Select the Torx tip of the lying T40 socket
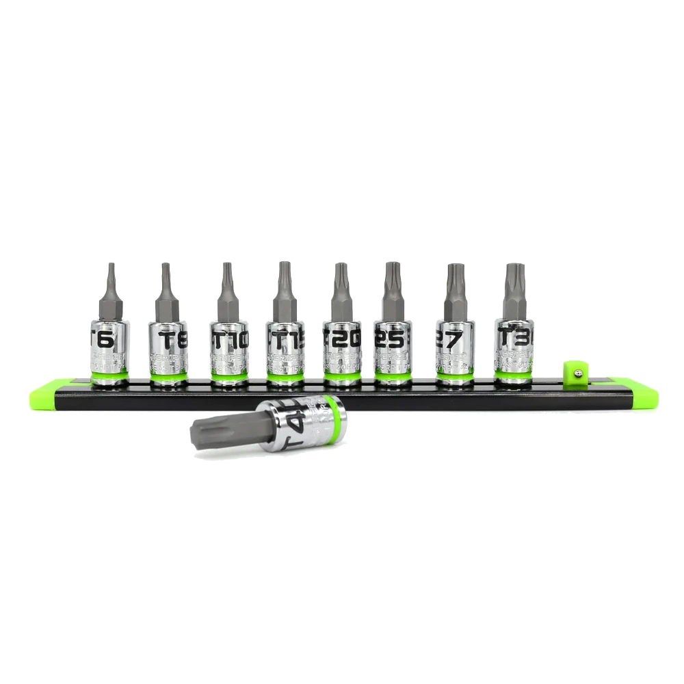(205, 432)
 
